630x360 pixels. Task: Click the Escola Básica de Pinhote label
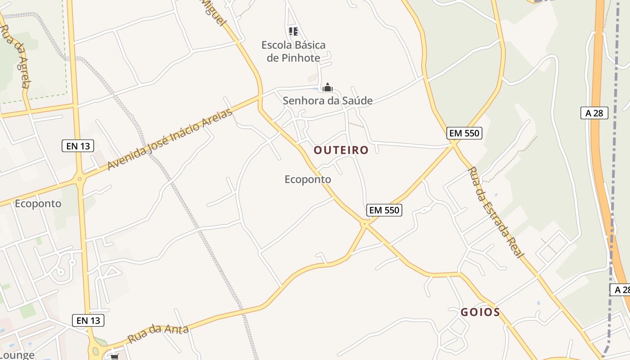tap(293, 51)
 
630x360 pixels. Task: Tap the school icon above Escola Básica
tap(293, 31)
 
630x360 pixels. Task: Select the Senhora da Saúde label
tap(328, 100)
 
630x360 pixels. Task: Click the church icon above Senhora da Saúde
tap(328, 87)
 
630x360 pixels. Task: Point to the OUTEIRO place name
tap(341, 150)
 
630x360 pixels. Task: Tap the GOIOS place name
tap(480, 312)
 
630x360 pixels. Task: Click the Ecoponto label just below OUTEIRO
tap(308, 179)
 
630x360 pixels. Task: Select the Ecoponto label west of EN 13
tap(38, 203)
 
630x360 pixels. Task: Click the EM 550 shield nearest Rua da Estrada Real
tap(464, 133)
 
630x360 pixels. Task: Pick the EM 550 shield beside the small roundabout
tap(384, 210)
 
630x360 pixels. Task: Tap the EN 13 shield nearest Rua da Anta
tap(88, 320)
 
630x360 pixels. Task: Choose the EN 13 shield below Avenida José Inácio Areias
tap(78, 146)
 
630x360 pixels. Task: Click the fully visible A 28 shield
tap(594, 113)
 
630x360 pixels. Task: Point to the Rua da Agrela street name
tap(16, 56)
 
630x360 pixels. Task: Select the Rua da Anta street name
tap(157, 333)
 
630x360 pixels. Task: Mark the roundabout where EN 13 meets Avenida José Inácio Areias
tap(80, 179)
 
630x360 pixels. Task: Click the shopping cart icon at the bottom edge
tap(115, 357)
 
